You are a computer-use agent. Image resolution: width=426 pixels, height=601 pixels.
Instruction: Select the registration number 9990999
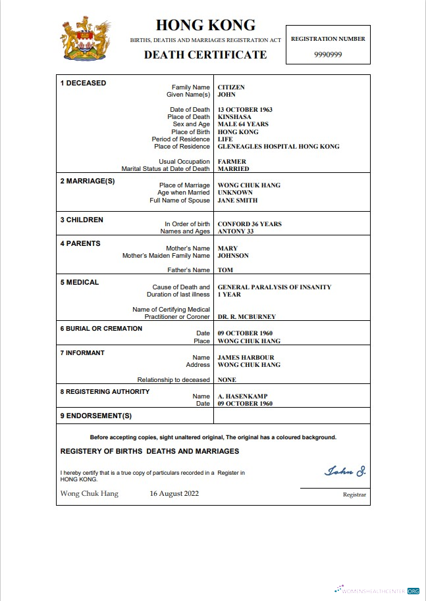328,54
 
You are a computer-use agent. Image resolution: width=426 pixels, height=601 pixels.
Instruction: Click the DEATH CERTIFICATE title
205,55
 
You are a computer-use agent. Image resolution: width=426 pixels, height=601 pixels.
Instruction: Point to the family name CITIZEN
231,87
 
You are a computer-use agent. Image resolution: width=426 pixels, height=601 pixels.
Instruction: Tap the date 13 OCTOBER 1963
245,110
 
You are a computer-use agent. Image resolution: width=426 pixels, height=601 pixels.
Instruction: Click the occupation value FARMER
232,162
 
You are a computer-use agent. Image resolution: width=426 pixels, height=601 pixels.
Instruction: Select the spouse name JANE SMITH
238,201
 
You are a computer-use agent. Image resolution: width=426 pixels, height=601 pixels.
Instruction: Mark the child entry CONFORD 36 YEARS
250,224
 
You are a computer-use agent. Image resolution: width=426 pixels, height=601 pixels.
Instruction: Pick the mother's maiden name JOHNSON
233,256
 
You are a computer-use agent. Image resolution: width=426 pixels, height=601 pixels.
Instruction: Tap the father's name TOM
225,270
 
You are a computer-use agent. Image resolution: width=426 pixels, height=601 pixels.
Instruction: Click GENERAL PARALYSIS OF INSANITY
275,287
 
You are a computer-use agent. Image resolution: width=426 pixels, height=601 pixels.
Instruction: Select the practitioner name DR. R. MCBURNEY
247,317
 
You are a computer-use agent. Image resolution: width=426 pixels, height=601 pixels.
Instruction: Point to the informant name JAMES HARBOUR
245,358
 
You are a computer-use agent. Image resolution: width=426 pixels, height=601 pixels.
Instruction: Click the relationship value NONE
227,380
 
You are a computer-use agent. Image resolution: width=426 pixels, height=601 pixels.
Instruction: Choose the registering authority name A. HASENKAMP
242,397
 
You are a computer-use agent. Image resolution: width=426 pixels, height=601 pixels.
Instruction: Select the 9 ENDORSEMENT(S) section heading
96,416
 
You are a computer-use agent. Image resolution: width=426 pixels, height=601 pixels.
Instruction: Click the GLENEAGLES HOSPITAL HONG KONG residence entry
279,147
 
